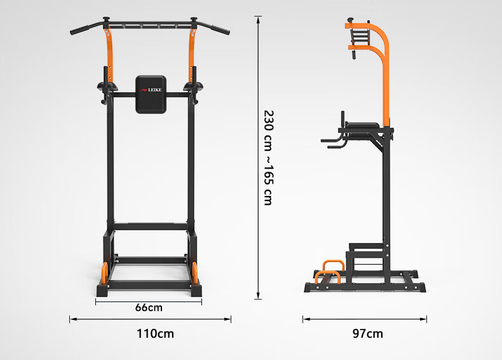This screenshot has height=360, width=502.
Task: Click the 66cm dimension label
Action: tap(149, 308)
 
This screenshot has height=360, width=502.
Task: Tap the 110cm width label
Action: tap(156, 334)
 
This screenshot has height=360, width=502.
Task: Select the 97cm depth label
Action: tap(368, 334)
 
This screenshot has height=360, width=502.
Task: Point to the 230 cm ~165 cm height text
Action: tap(268, 158)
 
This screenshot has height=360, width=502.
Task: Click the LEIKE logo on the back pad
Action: tap(151, 90)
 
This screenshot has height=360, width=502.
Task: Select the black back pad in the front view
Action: tap(151, 95)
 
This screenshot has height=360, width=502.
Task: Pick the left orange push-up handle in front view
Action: tap(105, 273)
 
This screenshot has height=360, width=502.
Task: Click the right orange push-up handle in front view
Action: tap(194, 273)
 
